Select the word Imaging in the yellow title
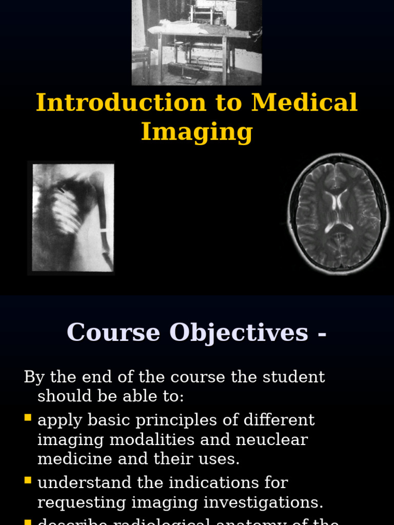click(197, 131)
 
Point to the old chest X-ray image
click(72, 217)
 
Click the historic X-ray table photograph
click(196, 42)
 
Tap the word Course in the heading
click(113, 332)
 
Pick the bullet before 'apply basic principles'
click(28, 418)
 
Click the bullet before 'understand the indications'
click(28, 480)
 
